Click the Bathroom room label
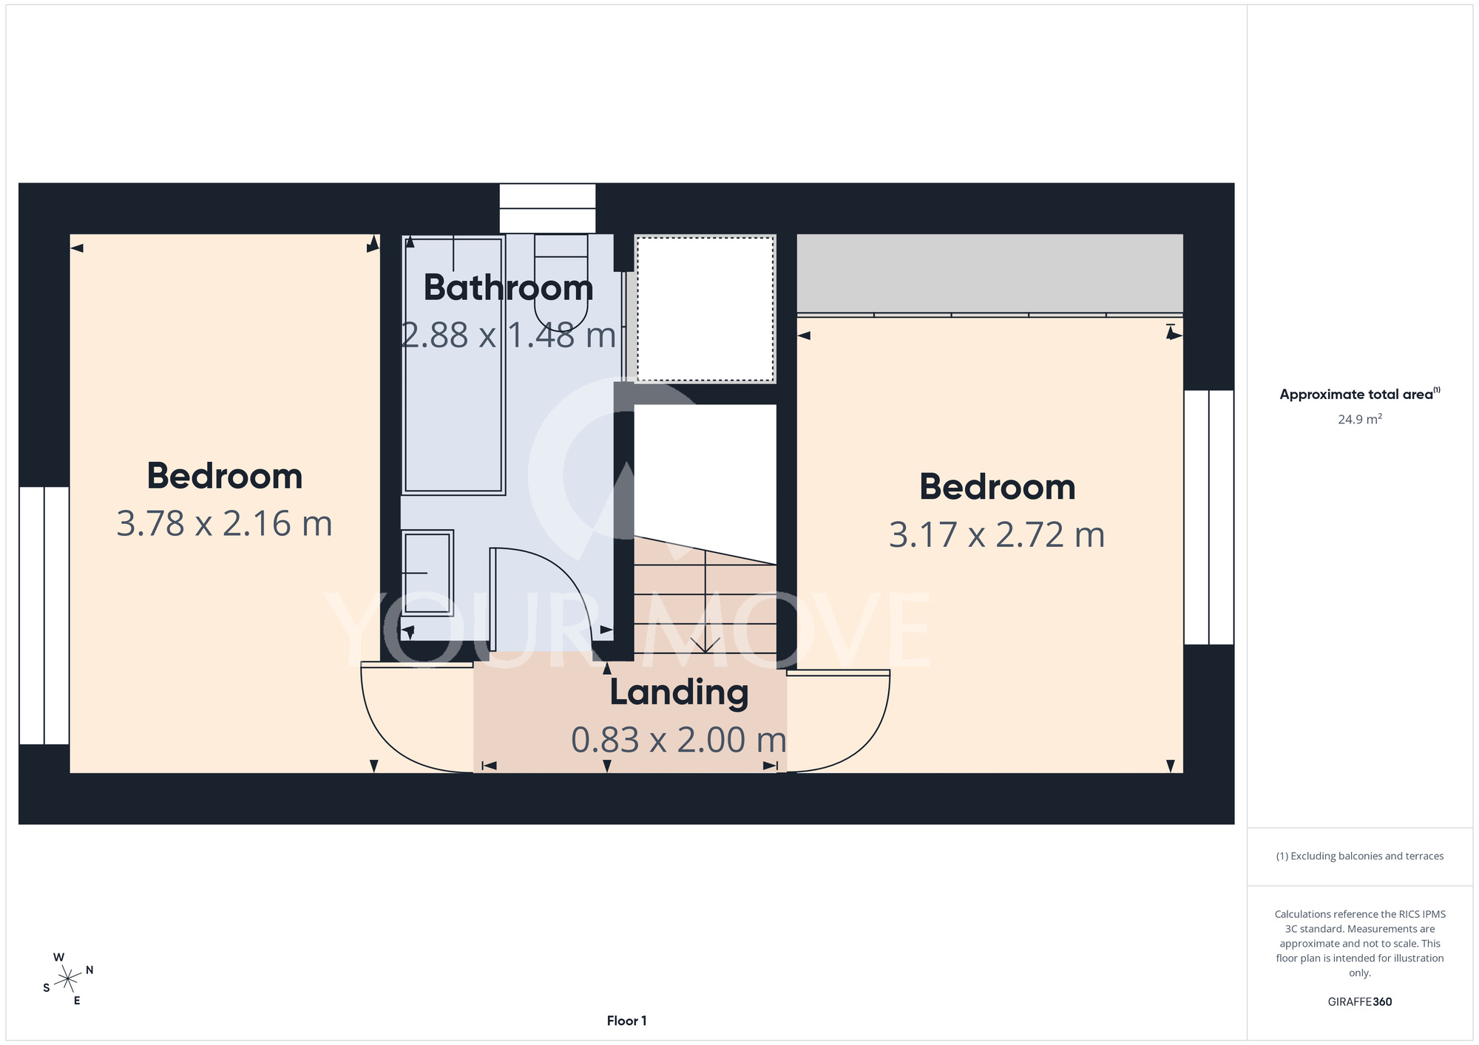(508, 287)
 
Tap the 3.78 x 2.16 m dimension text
(225, 524)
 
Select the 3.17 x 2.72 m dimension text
(997, 535)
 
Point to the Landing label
(679, 693)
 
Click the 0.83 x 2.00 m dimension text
(678, 740)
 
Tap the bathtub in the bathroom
(453, 365)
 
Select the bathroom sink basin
(427, 573)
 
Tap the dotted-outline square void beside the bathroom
(705, 309)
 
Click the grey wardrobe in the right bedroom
(989, 273)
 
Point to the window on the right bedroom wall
(1209, 517)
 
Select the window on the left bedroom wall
(44, 615)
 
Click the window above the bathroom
(547, 208)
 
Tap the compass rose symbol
(68, 979)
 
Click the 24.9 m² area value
(1360, 419)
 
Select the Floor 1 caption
(626, 1021)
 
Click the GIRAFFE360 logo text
(1360, 1002)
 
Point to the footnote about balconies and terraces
(1360, 856)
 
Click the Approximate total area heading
(1359, 394)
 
